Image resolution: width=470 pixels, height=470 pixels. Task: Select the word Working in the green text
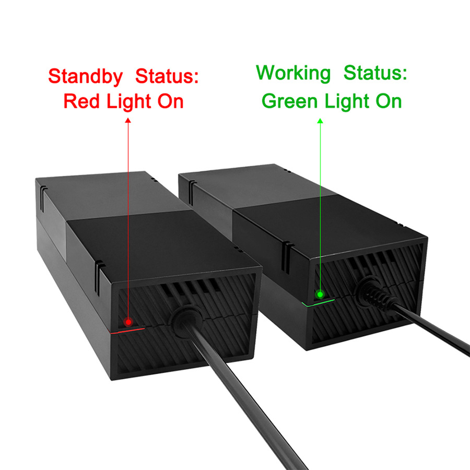(x=293, y=74)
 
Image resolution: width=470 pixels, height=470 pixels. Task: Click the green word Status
(x=375, y=74)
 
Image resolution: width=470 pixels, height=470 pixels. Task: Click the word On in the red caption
(x=169, y=101)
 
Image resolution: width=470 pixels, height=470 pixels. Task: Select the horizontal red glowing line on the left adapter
(x=128, y=331)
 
